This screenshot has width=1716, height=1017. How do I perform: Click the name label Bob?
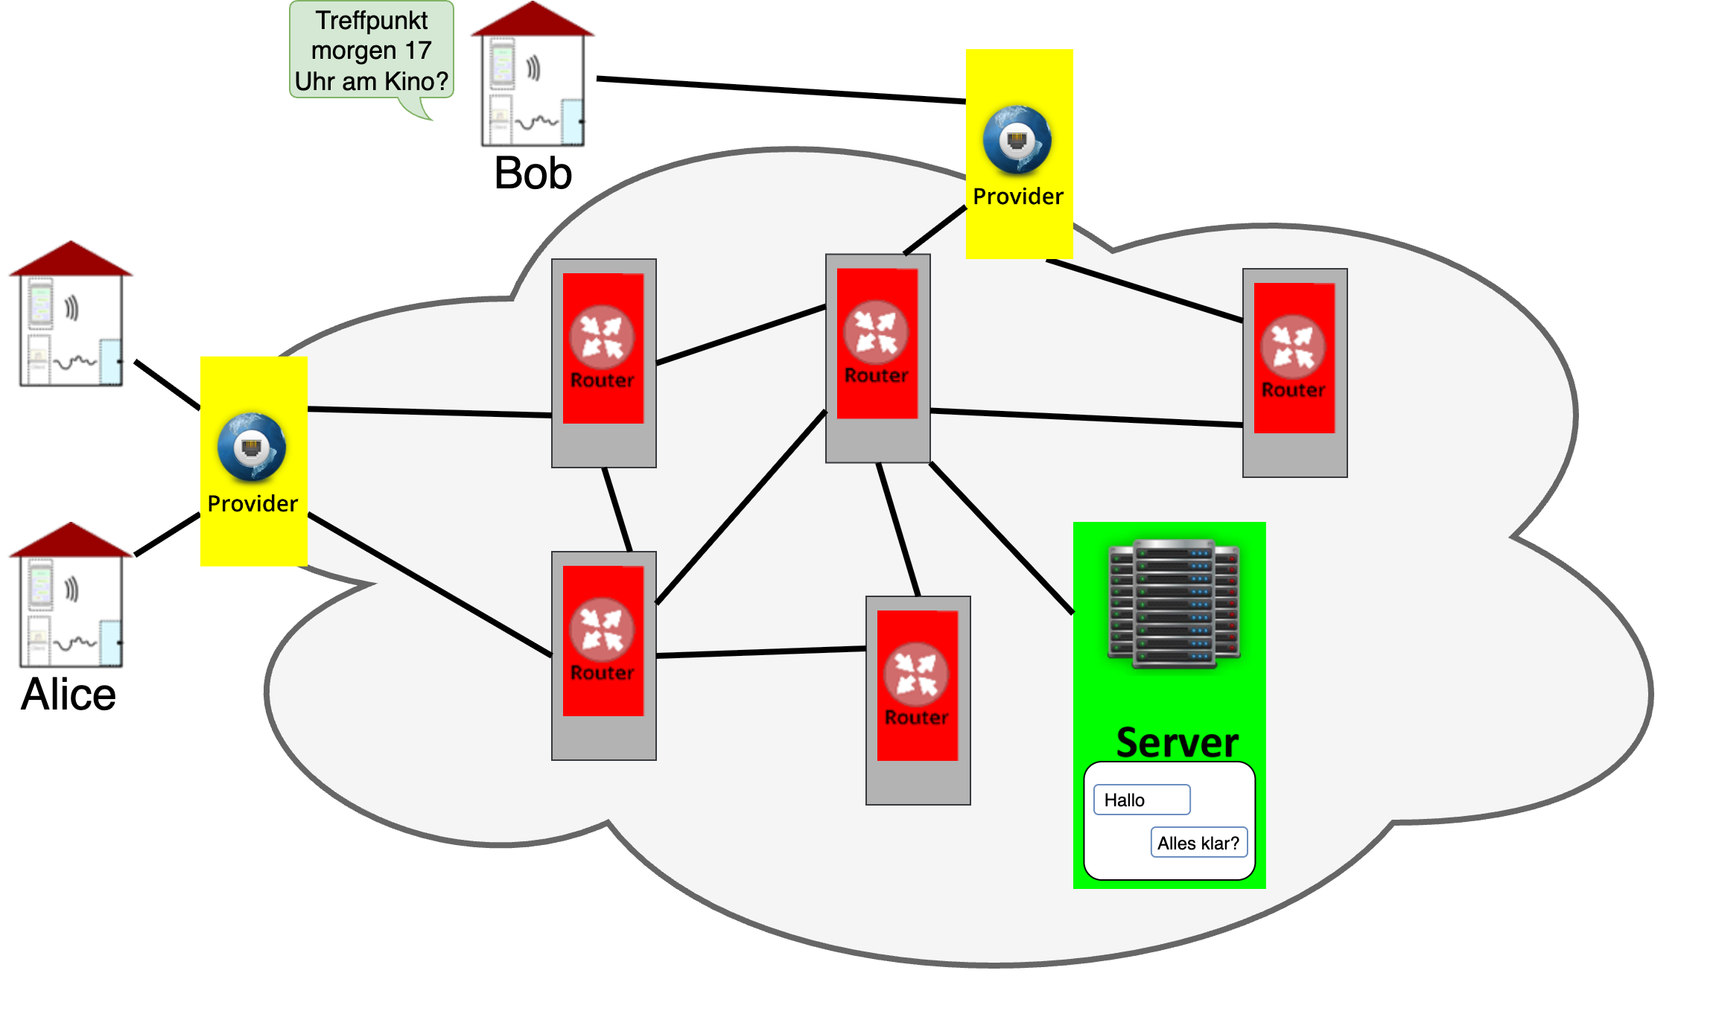(x=533, y=173)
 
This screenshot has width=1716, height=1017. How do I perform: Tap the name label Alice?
(x=68, y=695)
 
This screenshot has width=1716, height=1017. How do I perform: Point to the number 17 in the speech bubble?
(x=418, y=51)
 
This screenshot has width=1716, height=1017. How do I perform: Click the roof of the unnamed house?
(x=71, y=260)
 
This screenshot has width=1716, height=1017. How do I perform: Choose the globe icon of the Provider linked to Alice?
(x=252, y=447)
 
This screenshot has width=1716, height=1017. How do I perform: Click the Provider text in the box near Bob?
(x=1018, y=197)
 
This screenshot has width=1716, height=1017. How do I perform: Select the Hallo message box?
(x=1141, y=800)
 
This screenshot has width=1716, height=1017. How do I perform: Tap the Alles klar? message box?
(x=1198, y=843)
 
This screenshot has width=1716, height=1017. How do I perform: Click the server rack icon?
(x=1175, y=603)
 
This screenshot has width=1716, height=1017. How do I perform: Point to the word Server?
(x=1177, y=742)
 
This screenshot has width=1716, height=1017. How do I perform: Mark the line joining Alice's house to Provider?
(x=168, y=535)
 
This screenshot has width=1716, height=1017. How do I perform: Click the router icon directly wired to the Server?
(x=876, y=332)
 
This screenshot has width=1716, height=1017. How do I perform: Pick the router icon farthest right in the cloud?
(x=1293, y=347)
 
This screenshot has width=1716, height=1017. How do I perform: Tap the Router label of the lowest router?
(x=916, y=718)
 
